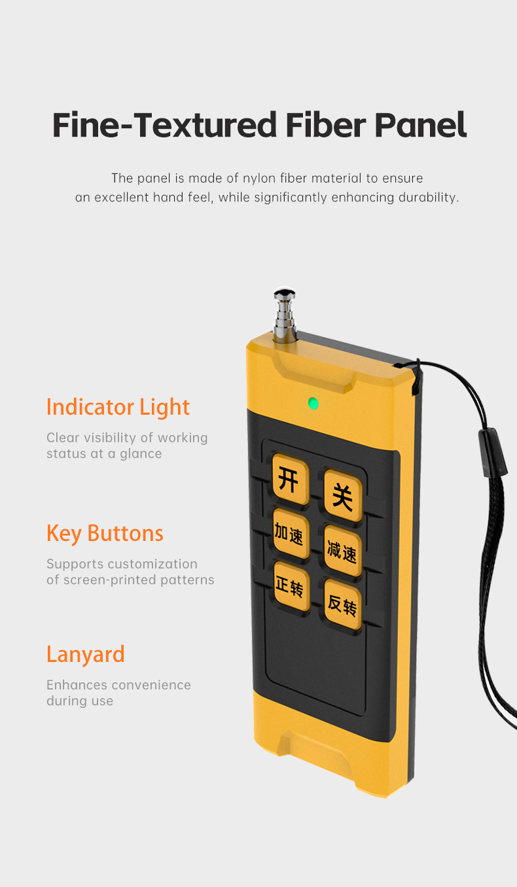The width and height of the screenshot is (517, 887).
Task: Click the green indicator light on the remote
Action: pos(313,403)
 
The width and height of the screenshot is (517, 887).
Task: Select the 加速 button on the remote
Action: pos(290,534)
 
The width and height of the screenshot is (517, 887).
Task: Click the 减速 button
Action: pos(342,551)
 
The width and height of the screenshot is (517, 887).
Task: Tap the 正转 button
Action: pos(290,586)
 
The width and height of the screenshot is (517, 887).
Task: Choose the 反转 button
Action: pos(342,605)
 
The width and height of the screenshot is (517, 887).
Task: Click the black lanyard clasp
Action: pos(492,451)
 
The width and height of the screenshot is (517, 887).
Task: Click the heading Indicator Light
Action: pos(118,407)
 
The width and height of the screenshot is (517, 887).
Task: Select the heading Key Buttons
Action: pos(105,533)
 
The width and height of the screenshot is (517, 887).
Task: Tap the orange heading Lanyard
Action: pos(85,654)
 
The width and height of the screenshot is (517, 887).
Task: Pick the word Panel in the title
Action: pos(420,124)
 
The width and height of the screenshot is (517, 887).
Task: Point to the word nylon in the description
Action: pos(261,178)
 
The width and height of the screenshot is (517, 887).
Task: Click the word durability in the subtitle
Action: pos(428,198)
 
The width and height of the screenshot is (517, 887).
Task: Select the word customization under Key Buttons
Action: pos(152,564)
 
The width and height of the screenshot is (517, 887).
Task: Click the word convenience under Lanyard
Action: pos(151,685)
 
